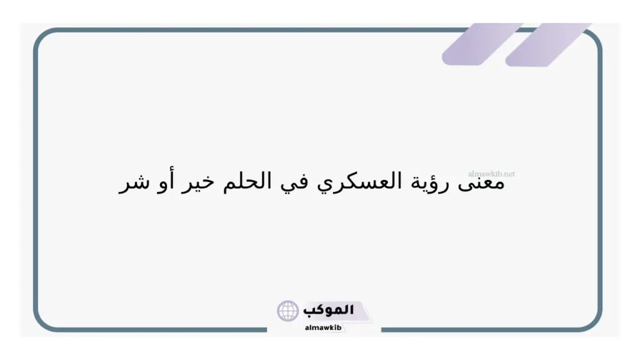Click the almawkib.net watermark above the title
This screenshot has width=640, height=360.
(491, 174)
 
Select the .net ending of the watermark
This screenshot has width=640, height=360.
(509, 174)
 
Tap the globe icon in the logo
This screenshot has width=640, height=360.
(288, 311)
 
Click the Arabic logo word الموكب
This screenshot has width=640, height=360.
(329, 309)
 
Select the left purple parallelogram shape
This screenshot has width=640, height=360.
(481, 44)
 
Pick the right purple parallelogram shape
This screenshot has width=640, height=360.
(547, 44)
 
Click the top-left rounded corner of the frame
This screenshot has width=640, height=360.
(42, 37)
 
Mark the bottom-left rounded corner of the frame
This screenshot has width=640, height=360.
(42, 322)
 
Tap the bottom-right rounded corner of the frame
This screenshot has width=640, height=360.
(594, 322)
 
